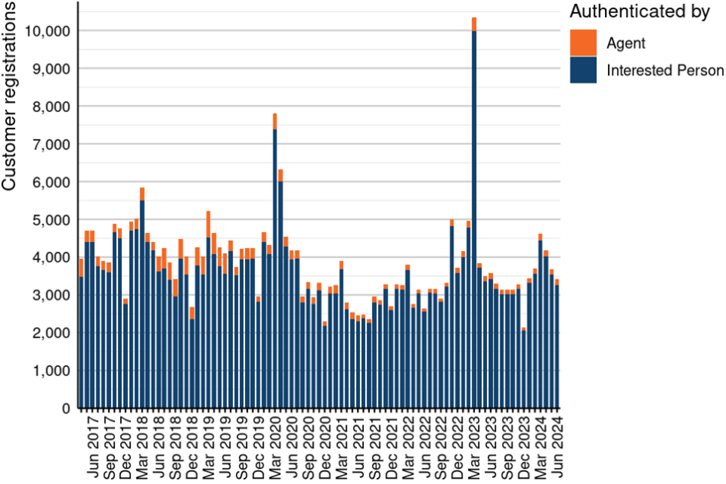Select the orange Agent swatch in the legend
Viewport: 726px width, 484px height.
[x=583, y=43]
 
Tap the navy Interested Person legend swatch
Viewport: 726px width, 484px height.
[x=583, y=70]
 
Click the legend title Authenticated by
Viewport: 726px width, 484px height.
[x=639, y=12]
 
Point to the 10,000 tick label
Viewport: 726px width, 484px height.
[x=48, y=31]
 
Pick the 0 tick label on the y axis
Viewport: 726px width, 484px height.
[x=67, y=409]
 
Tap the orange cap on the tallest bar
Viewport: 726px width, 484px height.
[x=474, y=24]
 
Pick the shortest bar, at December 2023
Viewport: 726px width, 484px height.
[x=523, y=371]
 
